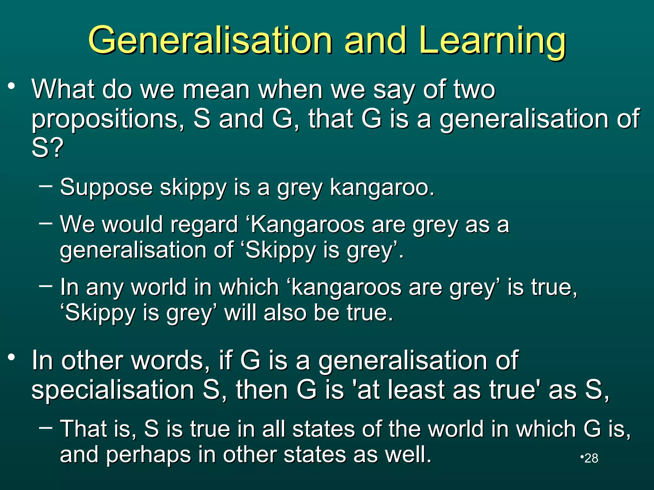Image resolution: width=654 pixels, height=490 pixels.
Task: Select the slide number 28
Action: point(591,458)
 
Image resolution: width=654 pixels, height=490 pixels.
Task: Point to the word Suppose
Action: point(106,188)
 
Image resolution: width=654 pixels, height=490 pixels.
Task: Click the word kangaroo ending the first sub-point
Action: point(382,188)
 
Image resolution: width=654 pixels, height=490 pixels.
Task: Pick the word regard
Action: point(204,225)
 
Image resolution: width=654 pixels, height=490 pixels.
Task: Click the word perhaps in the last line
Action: point(148,455)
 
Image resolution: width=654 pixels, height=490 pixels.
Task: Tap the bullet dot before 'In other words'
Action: point(12,357)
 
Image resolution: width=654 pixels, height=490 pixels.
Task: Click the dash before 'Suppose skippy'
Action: point(45,185)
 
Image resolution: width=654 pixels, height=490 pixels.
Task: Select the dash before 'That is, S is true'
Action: point(45,427)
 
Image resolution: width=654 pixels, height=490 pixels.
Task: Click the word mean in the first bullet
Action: point(216,90)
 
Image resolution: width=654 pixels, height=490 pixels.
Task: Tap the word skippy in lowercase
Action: point(193,188)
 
